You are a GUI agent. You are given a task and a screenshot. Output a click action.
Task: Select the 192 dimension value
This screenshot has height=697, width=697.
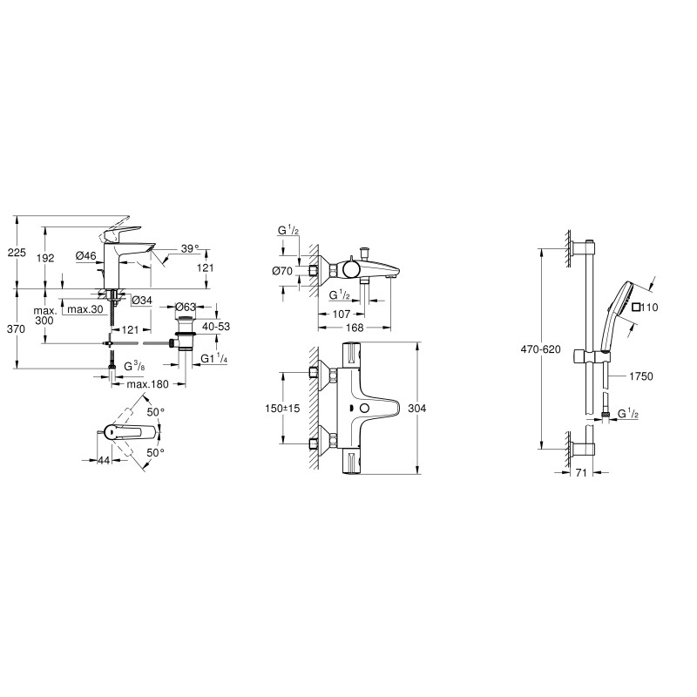click(46, 258)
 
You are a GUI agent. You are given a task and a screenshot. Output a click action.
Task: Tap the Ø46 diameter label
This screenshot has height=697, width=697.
click(85, 255)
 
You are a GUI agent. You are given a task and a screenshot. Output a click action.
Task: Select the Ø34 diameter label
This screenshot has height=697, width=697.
click(141, 301)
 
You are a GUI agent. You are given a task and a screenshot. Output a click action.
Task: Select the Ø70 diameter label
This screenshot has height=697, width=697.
click(282, 272)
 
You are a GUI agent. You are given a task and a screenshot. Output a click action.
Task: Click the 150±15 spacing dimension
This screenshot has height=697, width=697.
click(281, 409)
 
